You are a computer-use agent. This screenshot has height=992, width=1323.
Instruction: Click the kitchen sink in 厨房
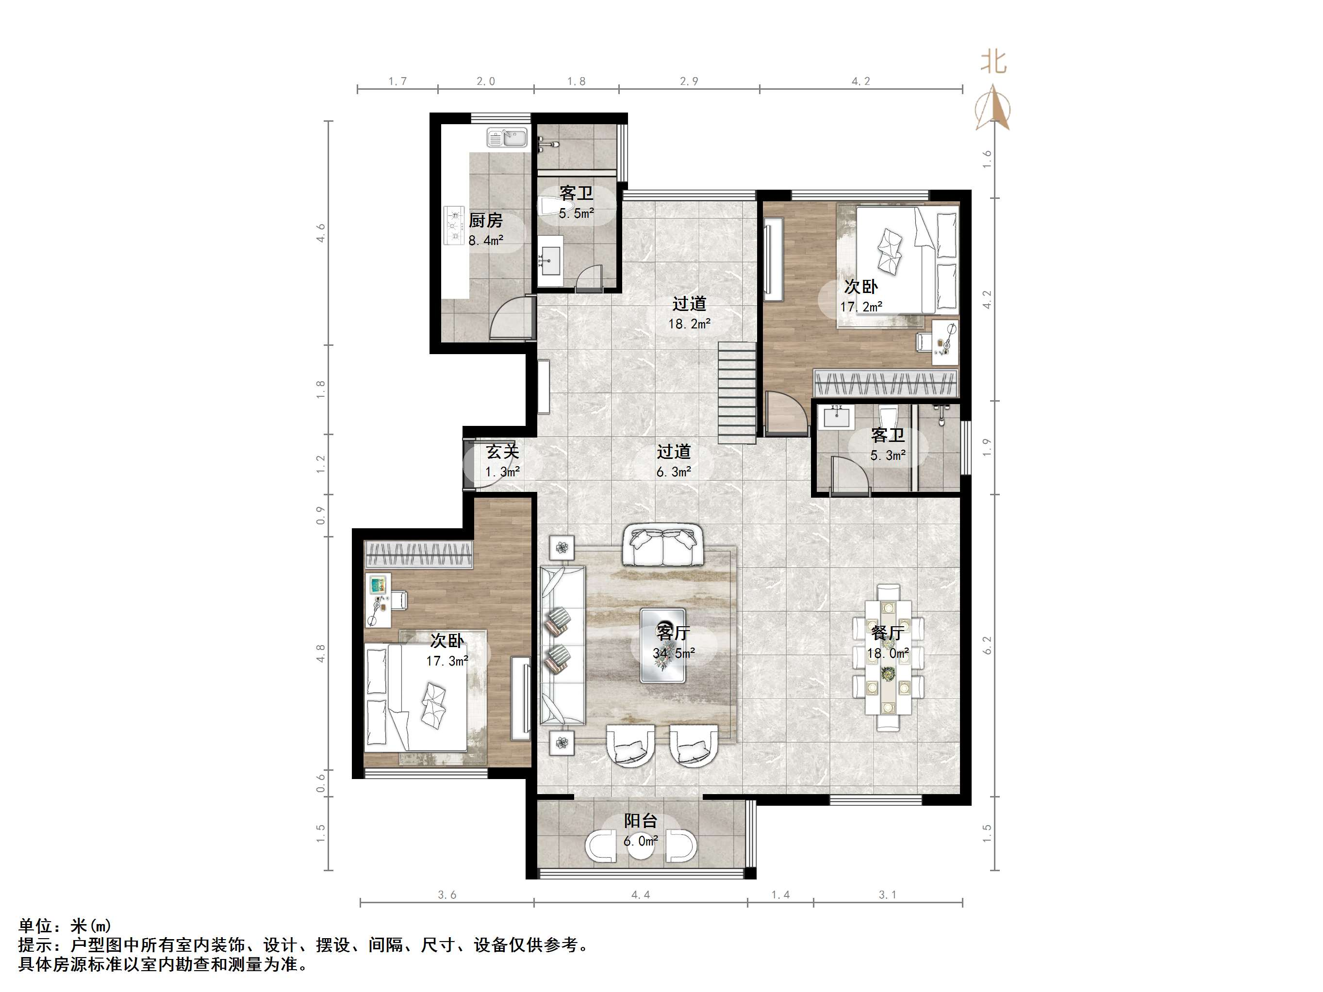pos(507,138)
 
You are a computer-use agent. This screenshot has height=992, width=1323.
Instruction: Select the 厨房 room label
pos(485,221)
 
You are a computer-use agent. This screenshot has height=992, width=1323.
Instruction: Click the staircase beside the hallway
pos(737,392)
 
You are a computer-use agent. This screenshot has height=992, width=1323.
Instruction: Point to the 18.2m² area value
pos(689,324)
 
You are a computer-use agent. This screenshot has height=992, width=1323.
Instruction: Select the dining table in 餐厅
pos(888,664)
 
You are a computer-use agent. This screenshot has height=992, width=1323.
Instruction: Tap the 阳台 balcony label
pos(641,820)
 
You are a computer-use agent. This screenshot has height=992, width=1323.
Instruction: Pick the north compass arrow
pos(993,108)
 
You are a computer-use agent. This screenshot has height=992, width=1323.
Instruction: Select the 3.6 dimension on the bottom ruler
pos(447,895)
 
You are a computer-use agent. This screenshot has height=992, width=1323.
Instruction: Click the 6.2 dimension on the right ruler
pos(987,645)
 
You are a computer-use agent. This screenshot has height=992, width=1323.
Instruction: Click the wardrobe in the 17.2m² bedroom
pos(886,383)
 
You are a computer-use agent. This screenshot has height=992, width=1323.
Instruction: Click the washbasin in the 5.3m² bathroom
pos(837,416)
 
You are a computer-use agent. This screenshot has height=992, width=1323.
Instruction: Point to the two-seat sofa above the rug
pos(662,545)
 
